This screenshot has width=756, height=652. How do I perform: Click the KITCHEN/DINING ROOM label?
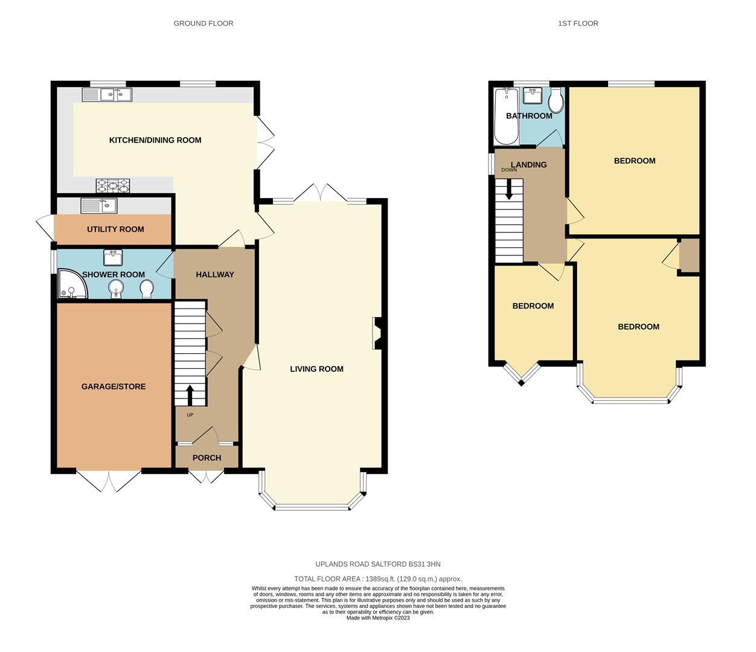click(x=155, y=140)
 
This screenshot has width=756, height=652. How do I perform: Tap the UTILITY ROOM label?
click(x=115, y=229)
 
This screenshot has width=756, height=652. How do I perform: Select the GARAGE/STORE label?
click(x=114, y=386)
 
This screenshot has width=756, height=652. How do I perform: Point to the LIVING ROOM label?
click(x=316, y=369)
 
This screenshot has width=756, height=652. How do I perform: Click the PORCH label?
click(x=207, y=458)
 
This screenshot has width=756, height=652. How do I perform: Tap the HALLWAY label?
click(x=214, y=275)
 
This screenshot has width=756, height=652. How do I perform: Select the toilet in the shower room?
click(x=146, y=290)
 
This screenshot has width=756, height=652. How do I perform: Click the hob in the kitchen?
click(x=114, y=185)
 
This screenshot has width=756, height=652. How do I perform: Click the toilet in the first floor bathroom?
click(x=556, y=100)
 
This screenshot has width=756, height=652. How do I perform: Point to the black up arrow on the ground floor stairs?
click(x=190, y=395)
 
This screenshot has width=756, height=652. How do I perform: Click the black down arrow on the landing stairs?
click(x=509, y=190)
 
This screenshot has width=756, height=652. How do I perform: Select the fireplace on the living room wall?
click(x=377, y=333)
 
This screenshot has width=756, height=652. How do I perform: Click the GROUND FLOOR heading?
click(x=203, y=24)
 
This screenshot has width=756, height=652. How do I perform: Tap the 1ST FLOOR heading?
click(x=578, y=24)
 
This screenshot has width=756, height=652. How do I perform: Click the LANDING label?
click(x=528, y=165)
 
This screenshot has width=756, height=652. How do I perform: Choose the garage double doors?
click(x=109, y=481)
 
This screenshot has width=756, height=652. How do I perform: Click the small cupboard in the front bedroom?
click(x=689, y=256)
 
